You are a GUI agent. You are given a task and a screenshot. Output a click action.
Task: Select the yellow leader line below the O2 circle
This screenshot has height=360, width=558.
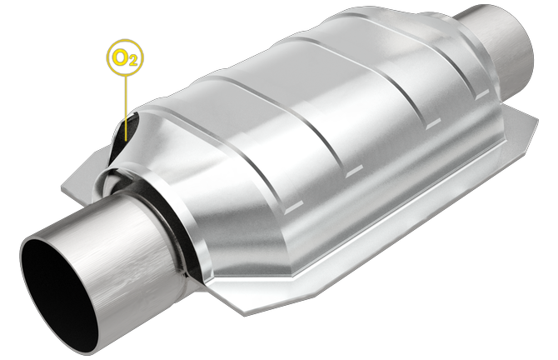point(125,96)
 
